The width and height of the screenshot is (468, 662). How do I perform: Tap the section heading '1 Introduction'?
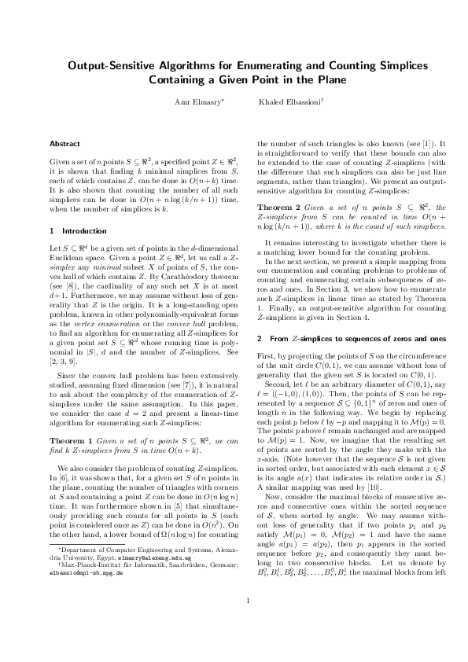pos(72,231)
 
